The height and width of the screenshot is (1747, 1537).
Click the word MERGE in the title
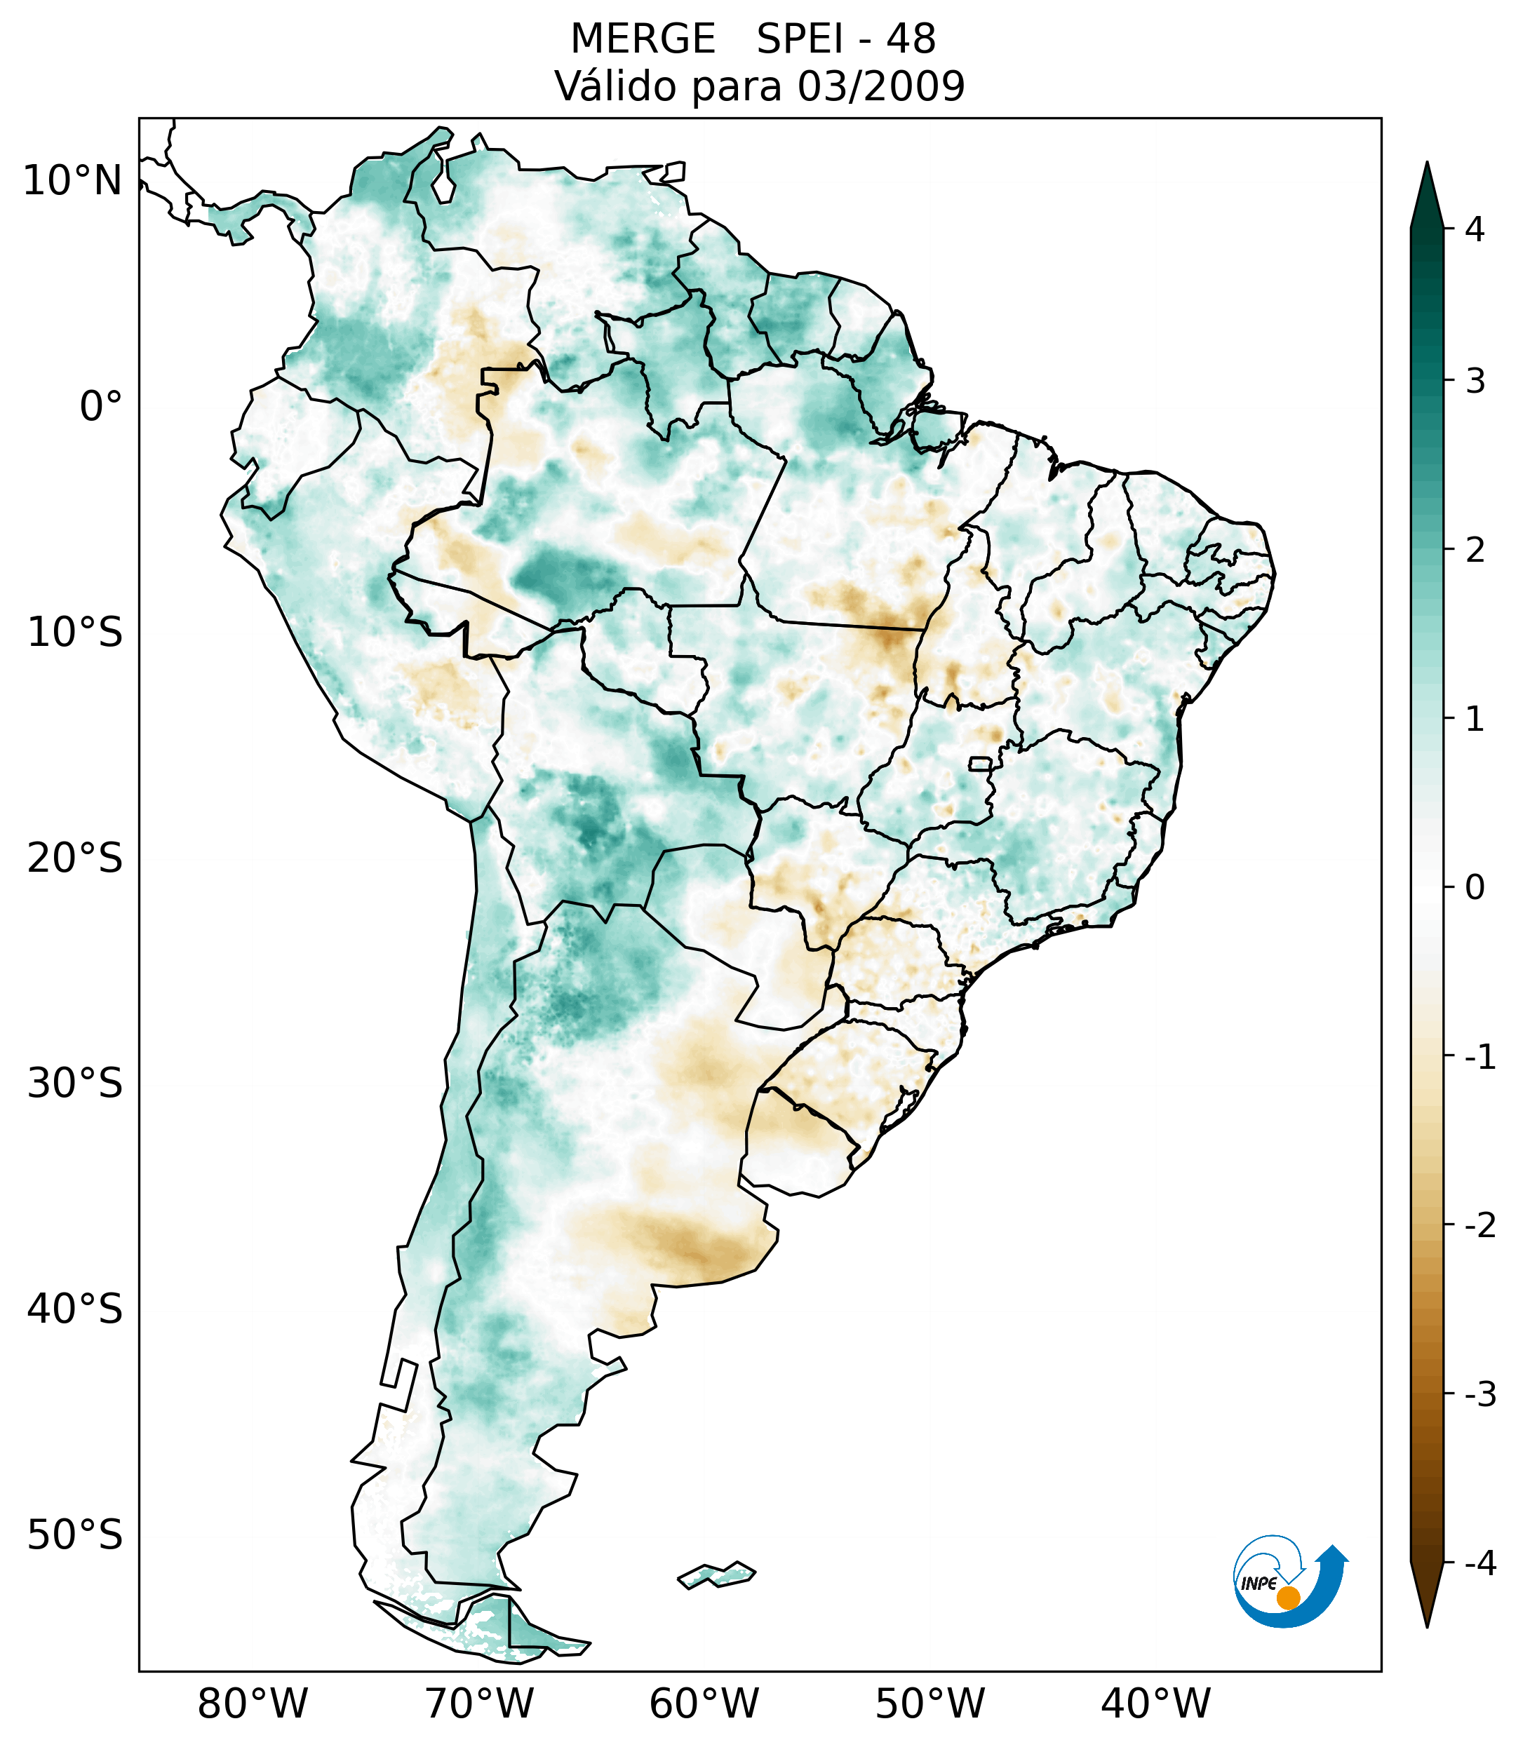(x=642, y=39)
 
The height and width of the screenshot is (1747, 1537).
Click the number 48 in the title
(x=911, y=39)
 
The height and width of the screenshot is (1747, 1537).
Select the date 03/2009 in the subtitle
(x=880, y=86)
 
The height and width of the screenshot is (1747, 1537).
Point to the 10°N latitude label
(x=73, y=181)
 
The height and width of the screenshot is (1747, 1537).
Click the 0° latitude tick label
(x=101, y=407)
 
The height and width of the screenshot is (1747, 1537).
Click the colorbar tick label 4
(x=1475, y=229)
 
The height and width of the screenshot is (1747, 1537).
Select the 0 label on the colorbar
(x=1475, y=888)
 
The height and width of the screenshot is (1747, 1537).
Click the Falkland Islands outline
(x=716, y=1574)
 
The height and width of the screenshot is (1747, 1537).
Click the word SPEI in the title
(x=798, y=39)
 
